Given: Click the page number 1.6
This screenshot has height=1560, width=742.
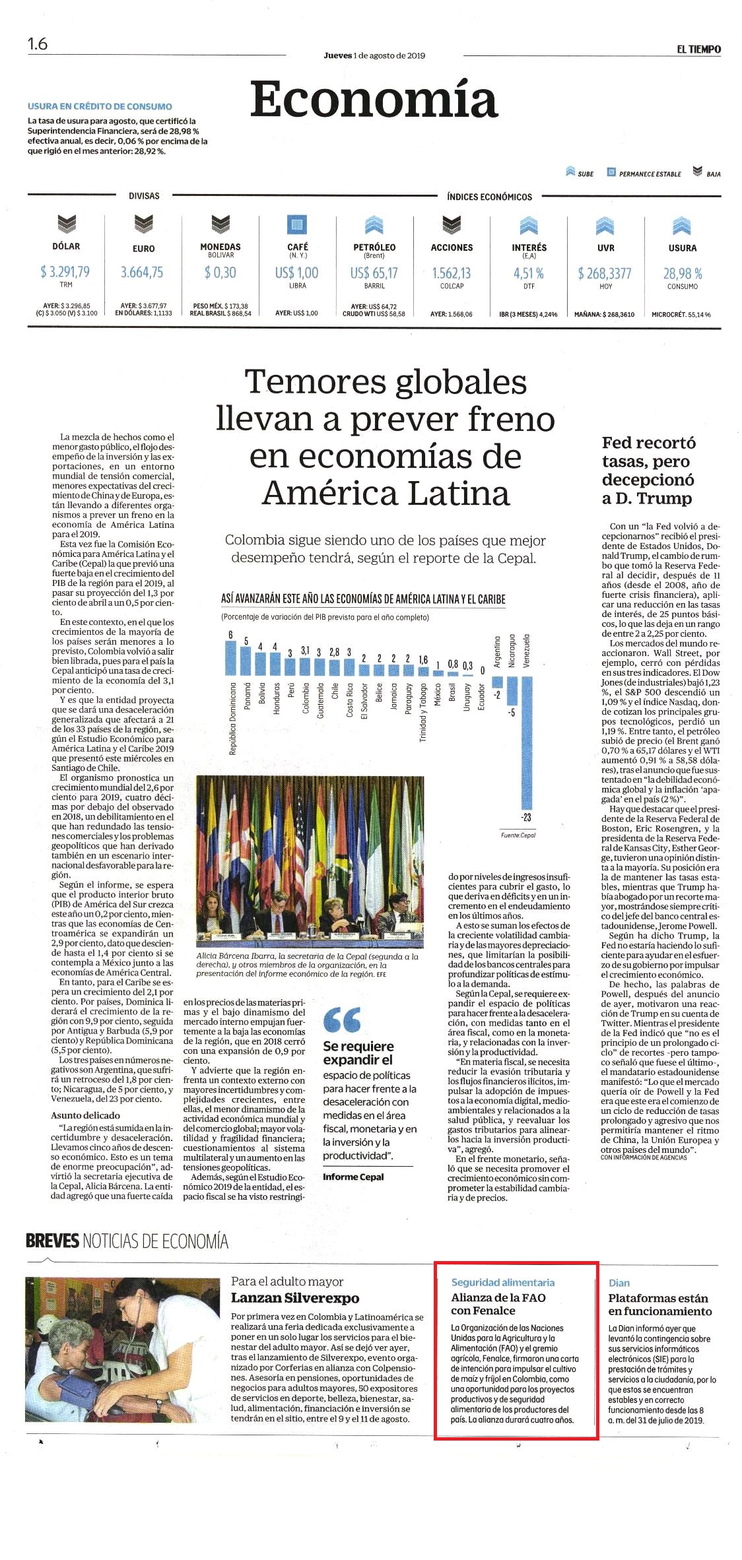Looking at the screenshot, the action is [38, 44].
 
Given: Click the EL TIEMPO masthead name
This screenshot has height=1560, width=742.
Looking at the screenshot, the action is [698, 49].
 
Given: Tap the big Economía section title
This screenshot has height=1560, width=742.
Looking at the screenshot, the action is [374, 99].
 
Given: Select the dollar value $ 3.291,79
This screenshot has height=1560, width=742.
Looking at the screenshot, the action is [65, 272].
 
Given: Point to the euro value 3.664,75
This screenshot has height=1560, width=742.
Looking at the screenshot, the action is [142, 272].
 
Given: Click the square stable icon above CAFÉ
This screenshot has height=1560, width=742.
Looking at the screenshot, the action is [297, 225].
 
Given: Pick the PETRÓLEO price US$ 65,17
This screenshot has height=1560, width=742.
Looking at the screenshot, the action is [374, 273].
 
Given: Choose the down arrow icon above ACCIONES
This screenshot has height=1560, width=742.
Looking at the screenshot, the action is [452, 225].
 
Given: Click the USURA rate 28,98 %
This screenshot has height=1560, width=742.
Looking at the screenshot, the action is [683, 273].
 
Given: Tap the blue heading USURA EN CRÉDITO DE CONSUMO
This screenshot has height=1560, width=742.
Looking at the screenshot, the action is [100, 106].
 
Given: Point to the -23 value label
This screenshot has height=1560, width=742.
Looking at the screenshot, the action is [526, 817].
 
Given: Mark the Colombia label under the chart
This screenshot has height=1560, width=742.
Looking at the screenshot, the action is [306, 698].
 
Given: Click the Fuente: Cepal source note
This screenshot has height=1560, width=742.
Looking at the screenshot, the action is [518, 835].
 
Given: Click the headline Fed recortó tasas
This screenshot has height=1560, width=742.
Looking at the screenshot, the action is [648, 470].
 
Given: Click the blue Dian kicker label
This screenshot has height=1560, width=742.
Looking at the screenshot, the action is [619, 1283].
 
